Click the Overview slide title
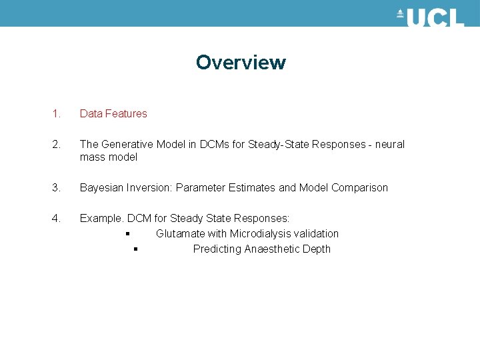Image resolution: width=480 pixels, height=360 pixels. coord(241,63)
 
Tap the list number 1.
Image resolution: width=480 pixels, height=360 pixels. coord(56,113)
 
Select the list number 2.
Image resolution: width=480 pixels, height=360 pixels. coord(56,144)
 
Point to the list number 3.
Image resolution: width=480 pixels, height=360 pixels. coord(56,187)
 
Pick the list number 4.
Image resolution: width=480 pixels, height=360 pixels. coord(56,218)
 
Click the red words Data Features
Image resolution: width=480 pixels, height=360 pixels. coord(113,113)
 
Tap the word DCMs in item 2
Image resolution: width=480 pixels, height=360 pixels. coord(213,144)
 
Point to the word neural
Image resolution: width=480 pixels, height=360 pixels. coord(389,144)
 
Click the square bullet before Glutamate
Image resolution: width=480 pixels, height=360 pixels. coord(126,233)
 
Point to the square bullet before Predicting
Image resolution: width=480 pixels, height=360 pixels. coord(135,249)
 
